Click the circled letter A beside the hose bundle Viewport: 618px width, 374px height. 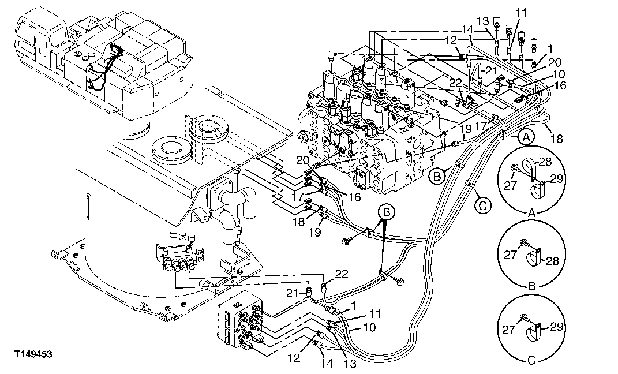click(525, 137)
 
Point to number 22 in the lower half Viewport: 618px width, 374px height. click(342, 274)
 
